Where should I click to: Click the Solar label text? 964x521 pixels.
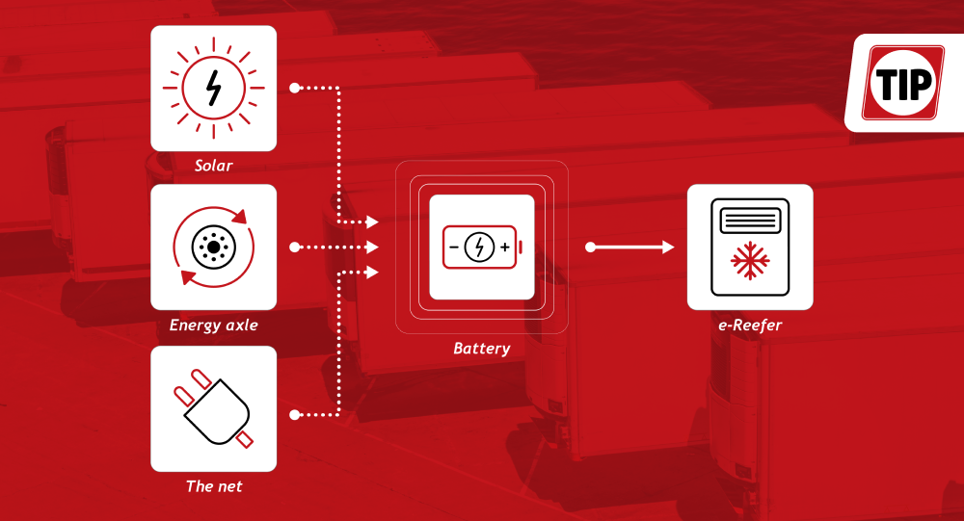[213, 166]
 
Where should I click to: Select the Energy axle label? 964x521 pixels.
[213, 325]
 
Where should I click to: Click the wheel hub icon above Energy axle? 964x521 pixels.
[212, 247]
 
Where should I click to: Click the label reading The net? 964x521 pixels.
[213, 486]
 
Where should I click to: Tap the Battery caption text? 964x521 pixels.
[481, 348]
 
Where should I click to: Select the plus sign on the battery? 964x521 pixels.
[505, 247]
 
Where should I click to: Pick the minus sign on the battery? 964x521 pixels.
[454, 247]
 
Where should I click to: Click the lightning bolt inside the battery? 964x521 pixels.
[479, 247]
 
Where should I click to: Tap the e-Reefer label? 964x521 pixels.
[749, 325]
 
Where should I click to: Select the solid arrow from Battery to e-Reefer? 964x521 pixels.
[632, 247]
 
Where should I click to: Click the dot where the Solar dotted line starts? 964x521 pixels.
[294, 89]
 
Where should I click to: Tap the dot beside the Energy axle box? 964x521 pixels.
[294, 247]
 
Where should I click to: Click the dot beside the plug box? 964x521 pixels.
[294, 416]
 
